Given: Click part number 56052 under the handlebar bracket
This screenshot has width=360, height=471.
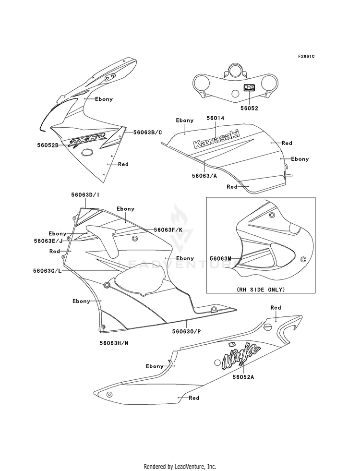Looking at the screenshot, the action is (x=249, y=108).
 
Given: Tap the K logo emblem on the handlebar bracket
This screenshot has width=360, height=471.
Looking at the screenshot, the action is (x=249, y=87).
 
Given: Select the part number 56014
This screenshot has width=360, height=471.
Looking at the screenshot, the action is (x=215, y=119).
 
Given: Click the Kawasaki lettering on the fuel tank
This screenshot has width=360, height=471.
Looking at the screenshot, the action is (x=216, y=139).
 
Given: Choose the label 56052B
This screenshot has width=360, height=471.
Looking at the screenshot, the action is (x=48, y=145).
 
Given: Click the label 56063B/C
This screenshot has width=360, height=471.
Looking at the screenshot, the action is (x=144, y=132).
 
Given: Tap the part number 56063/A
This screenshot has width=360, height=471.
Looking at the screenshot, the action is (x=204, y=176).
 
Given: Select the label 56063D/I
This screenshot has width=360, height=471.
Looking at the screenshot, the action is (x=85, y=194).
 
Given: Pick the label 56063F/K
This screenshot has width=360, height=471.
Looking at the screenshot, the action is (x=168, y=230).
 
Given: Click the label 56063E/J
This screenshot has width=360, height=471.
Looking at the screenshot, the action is (x=48, y=241).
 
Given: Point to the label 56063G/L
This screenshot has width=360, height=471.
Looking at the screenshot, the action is (x=48, y=271).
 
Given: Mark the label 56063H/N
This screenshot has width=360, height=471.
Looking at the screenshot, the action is (x=114, y=343).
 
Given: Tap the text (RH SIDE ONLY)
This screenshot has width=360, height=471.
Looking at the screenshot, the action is (x=261, y=290).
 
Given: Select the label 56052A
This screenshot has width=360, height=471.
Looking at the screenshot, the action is (x=243, y=377).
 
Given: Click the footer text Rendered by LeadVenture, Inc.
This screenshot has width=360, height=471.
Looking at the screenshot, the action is (x=180, y=467).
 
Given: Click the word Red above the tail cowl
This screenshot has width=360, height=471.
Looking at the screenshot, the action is (x=276, y=308).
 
